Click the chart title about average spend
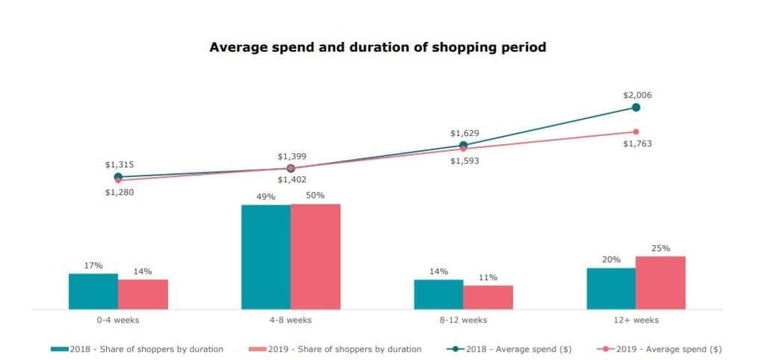[x=378, y=47]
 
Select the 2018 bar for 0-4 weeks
[x=93, y=291]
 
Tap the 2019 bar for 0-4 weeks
[x=143, y=294]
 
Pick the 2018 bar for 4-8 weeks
[x=266, y=256]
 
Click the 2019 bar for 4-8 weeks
[x=315, y=256]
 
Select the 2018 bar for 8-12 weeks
[x=438, y=294]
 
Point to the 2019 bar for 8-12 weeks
[x=488, y=297]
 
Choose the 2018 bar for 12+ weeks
[x=611, y=288]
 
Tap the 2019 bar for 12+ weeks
[x=660, y=282]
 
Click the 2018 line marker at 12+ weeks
[x=636, y=108]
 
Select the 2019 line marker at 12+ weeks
[x=636, y=131]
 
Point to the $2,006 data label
[x=637, y=95]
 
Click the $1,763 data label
[x=637, y=143]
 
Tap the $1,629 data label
[x=464, y=133]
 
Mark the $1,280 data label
[x=119, y=192]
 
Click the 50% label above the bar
[x=315, y=195]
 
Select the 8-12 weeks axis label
[x=463, y=320]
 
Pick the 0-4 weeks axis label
[x=118, y=320]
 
